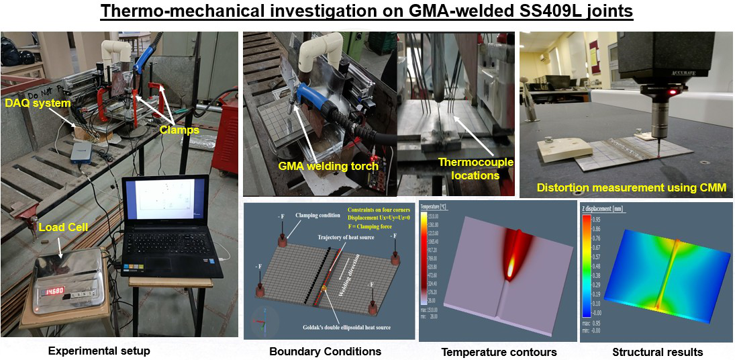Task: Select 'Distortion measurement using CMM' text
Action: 631,188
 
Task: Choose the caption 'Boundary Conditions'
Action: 325,351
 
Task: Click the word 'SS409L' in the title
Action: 538,12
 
